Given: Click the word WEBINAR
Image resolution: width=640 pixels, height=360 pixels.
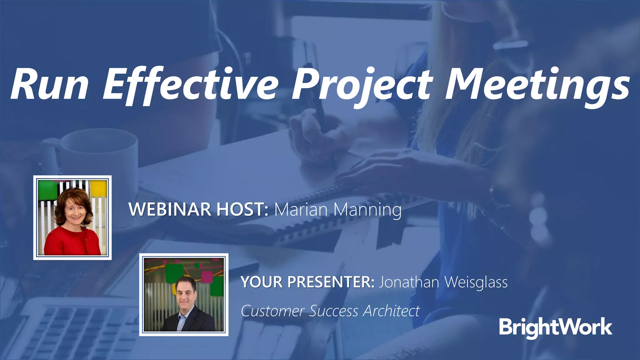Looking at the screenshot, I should pos(170,209).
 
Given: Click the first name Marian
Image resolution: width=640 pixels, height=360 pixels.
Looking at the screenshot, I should pos(300,209).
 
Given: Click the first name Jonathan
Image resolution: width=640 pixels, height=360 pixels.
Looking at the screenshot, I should pos(409,282).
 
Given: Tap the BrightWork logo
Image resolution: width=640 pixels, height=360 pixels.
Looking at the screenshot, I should pos(555,327).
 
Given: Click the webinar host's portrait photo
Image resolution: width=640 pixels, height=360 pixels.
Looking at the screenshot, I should pos(72,217).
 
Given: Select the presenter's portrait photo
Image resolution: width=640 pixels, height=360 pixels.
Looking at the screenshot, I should pos(184,295).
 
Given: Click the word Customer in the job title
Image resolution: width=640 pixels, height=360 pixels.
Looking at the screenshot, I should pos(273,311).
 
